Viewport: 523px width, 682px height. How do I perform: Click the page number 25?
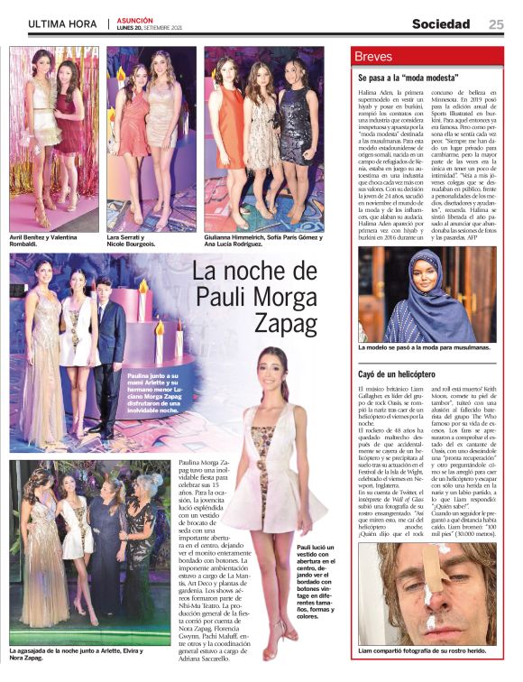[x=496, y=24]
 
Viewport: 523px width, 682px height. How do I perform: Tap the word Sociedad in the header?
[x=441, y=24]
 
